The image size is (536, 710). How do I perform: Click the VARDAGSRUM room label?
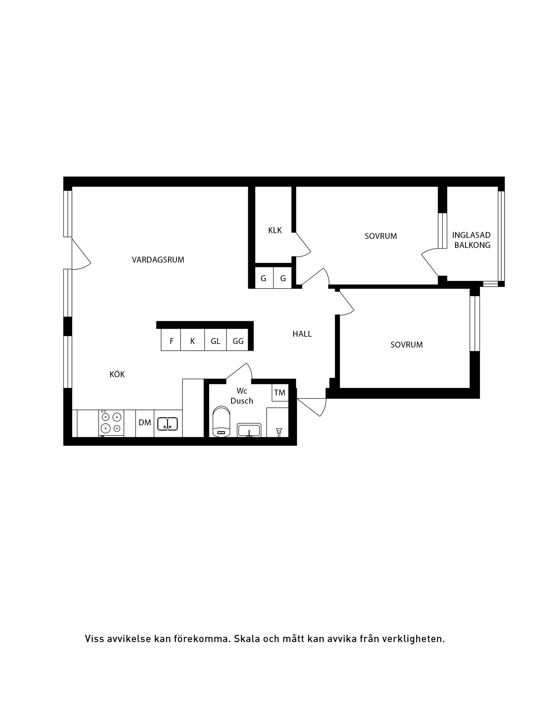click(158, 260)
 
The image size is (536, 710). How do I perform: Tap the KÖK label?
click(117, 374)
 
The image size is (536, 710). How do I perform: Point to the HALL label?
click(302, 334)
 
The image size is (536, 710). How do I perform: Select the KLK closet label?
click(275, 230)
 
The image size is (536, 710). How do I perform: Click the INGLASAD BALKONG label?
click(472, 240)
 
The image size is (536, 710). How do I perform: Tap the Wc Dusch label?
click(242, 396)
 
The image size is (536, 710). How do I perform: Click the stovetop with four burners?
click(111, 423)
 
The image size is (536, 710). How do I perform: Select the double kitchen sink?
click(167, 424)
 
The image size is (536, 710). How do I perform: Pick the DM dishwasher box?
click(145, 423)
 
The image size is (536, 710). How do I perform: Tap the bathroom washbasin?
click(249, 430)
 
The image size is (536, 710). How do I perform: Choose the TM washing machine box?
click(280, 392)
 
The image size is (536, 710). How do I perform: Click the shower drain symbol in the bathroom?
click(279, 432)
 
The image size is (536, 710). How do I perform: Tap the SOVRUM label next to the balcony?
click(381, 236)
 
